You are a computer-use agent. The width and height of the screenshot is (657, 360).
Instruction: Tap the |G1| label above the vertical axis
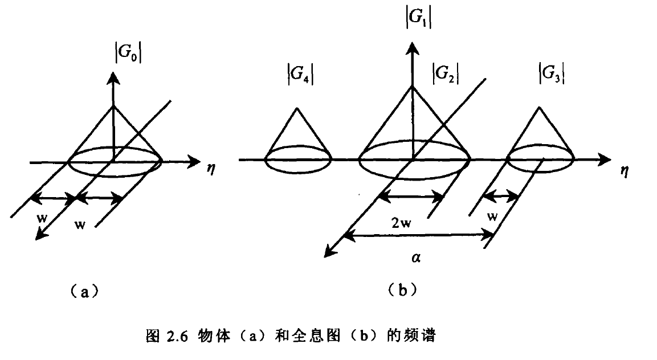coord(417,20)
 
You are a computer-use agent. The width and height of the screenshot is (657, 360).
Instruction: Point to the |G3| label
coord(551,75)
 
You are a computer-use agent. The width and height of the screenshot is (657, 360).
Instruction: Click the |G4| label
coord(301,75)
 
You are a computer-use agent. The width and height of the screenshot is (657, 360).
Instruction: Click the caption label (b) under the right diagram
coord(402,290)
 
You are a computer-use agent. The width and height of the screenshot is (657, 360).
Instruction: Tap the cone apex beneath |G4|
coord(297,108)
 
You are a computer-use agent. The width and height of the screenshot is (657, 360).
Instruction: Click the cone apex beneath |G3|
coord(540,107)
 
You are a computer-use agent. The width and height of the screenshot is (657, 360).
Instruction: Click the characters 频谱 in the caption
coord(421,337)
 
